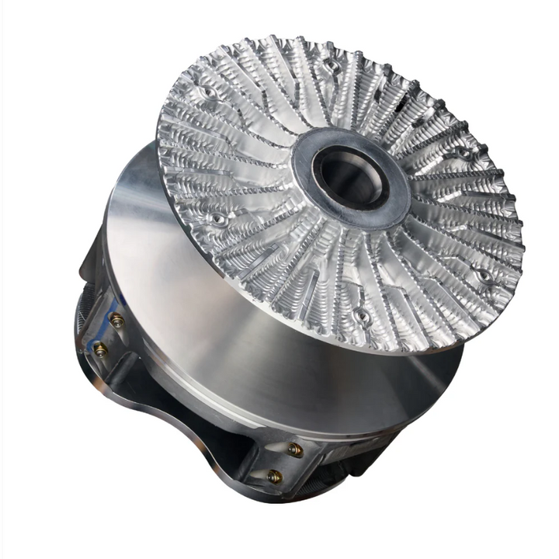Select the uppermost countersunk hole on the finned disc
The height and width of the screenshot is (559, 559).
[332, 65]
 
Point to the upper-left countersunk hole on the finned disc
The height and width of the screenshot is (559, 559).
[207, 95]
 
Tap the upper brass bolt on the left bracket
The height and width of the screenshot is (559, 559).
[116, 320]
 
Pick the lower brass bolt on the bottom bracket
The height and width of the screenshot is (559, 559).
[273, 476]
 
